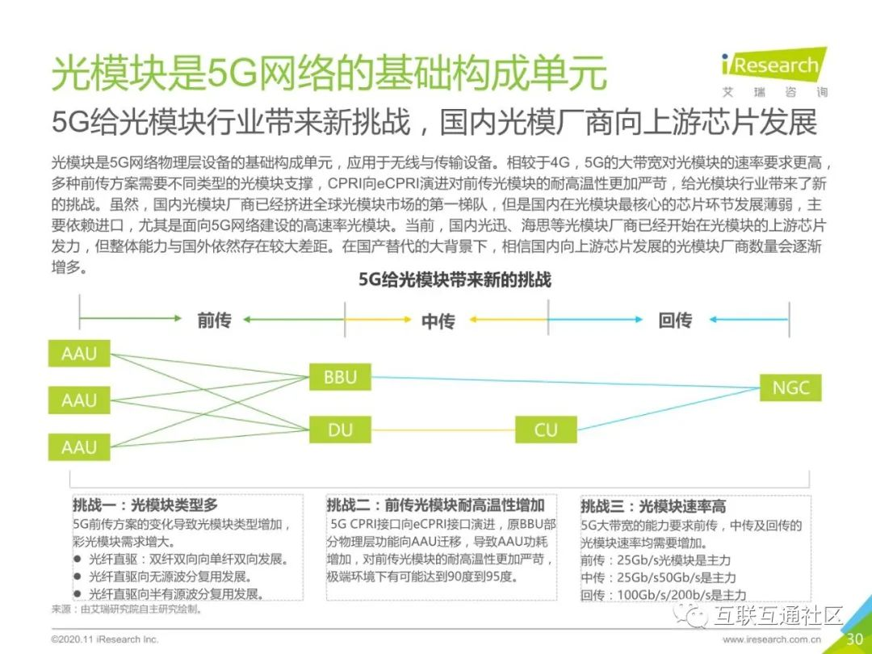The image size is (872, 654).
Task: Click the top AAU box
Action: coord(79,353)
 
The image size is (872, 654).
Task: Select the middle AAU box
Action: coord(79,400)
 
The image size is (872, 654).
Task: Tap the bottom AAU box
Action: coord(79,446)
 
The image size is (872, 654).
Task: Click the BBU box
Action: coord(340,377)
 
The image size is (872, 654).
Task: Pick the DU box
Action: coord(340,430)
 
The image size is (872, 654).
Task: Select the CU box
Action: coord(546,430)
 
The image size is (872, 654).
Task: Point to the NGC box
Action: coord(790,388)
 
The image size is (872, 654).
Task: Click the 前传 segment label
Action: coord(214,321)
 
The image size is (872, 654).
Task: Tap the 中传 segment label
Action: coord(438,321)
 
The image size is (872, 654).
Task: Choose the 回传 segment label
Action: coord(675,321)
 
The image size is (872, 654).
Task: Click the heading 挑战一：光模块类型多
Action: coord(145,505)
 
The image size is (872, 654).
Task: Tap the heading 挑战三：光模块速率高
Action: coord(653,506)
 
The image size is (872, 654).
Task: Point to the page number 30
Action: coord(855,639)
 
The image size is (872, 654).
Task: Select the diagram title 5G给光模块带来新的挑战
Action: coord(455,280)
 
